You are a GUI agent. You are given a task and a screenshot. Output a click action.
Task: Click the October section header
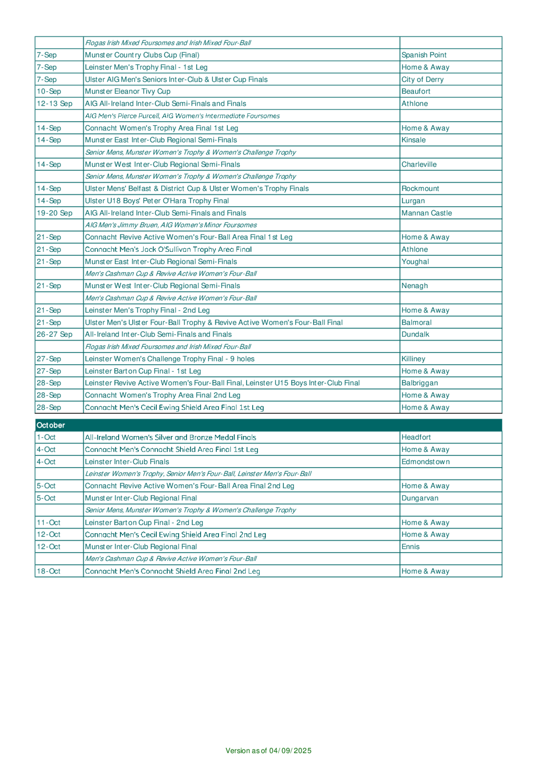point(51,425)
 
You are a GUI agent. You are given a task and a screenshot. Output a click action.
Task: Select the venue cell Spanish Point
point(424,55)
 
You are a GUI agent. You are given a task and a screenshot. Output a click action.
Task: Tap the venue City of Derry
point(422,79)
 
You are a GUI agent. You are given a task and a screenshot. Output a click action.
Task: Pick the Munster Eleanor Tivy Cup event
point(128,91)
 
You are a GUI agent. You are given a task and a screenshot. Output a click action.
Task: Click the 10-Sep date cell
point(49,91)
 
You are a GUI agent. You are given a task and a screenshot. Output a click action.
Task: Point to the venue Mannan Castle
point(426,213)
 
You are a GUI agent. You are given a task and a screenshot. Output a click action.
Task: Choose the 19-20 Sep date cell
point(55,213)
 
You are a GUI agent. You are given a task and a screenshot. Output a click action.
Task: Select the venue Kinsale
point(413,140)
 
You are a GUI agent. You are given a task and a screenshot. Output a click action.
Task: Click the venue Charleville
point(419,164)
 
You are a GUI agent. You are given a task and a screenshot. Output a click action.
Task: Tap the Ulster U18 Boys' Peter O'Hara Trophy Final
point(157,201)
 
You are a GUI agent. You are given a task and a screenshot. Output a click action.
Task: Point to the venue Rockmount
point(420,189)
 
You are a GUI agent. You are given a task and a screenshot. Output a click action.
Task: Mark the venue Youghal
point(415,262)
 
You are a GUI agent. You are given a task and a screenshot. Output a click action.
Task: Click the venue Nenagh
point(415,286)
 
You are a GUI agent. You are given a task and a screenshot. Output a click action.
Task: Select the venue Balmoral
point(416,323)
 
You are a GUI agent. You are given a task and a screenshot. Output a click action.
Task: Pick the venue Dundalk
point(415,334)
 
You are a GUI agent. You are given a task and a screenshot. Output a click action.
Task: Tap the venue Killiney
point(413,359)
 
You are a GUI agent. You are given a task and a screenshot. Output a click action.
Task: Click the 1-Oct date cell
point(46,437)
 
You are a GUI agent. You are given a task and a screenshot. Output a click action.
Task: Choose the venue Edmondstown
point(425,462)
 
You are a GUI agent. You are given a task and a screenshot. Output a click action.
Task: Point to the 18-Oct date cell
point(49,571)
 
